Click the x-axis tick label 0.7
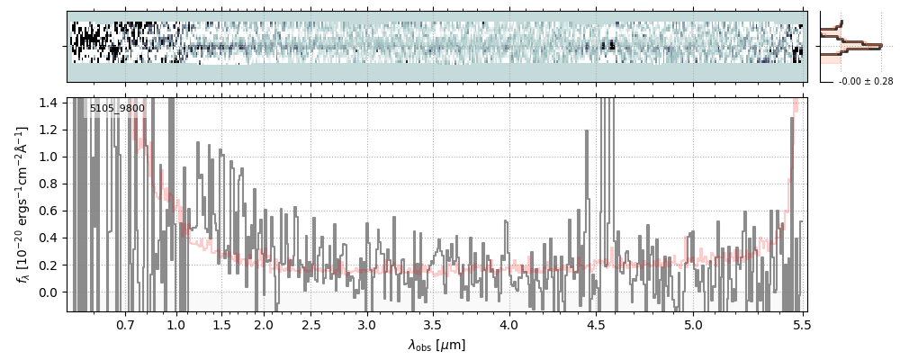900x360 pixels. click(125, 324)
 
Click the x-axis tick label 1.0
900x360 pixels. click(176, 324)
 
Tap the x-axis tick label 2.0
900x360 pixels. click(264, 324)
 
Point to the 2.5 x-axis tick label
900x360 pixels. click(310, 324)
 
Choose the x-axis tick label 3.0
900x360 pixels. click(366, 324)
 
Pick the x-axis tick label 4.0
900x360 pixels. click(508, 324)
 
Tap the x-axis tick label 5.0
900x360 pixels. click(693, 324)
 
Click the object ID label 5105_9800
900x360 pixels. click(117, 108)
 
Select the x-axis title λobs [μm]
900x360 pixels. click(436, 345)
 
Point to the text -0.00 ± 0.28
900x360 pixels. click(865, 82)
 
